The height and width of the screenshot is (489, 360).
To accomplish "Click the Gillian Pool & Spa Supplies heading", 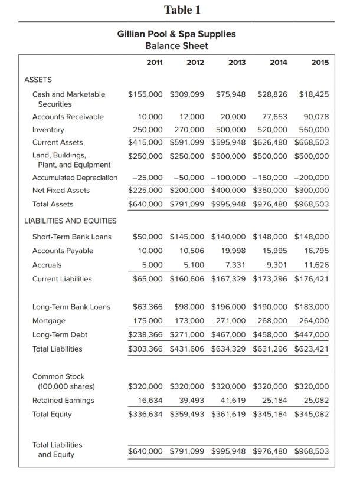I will (x=176, y=34).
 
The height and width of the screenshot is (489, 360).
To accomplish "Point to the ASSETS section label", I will (x=38, y=79).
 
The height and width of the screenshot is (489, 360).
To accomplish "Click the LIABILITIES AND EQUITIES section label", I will (x=70, y=221).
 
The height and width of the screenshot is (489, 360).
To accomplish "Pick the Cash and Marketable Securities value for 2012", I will (x=187, y=94).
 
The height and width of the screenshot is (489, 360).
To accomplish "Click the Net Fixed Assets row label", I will (x=61, y=190).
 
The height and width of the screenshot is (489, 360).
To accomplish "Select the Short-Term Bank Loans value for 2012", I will (x=187, y=237).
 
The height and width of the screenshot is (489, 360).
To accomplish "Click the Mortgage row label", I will (x=49, y=321).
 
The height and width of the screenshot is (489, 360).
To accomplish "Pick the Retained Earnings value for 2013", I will (x=234, y=401).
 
